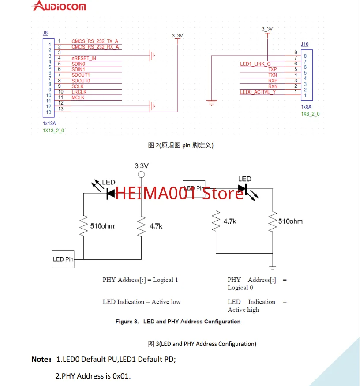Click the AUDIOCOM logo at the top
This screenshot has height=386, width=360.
60,6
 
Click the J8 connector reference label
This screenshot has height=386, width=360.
45,33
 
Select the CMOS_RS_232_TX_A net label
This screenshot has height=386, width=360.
95,41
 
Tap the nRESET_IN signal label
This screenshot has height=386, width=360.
84,58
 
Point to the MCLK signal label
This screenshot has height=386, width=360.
78,97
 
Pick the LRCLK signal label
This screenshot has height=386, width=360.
79,92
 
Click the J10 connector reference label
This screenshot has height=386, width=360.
304,45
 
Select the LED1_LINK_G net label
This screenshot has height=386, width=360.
255,64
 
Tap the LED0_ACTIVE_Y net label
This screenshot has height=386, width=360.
258,92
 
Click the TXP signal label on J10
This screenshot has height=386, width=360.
273,70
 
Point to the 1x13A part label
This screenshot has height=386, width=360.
49,124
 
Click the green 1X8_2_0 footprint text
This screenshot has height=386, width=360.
310,114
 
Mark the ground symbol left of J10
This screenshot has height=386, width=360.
212,103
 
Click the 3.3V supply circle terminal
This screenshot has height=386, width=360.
141,175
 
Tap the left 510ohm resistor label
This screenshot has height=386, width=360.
102,226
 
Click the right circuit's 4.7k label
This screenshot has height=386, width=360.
229,221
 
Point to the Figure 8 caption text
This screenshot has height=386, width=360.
178,322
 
